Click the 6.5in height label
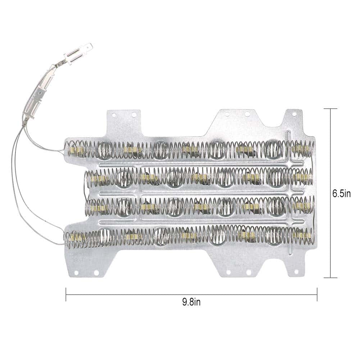341,194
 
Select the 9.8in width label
191,302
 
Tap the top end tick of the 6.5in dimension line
331,109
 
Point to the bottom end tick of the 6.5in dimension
331,278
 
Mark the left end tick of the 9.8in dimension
66,294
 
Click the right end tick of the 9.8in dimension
317,294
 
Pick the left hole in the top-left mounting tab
114,114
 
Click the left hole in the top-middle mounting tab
227,114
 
